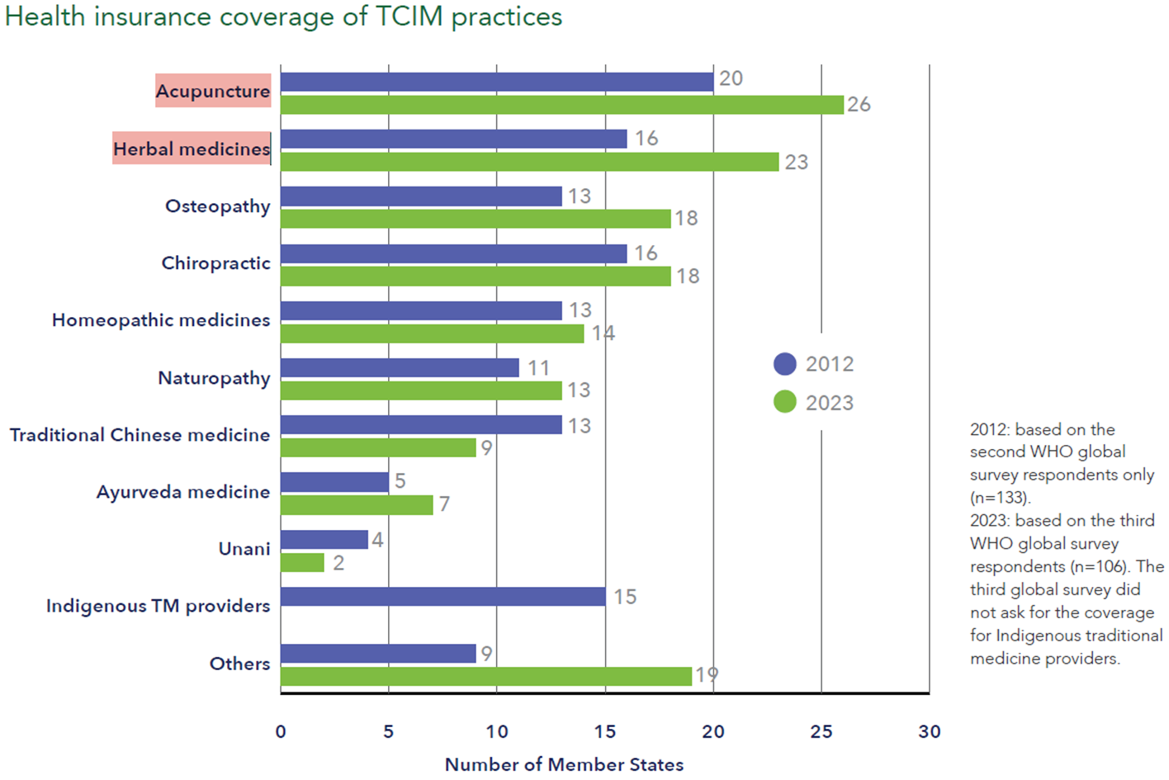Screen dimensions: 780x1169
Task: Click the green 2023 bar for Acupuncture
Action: [561, 105]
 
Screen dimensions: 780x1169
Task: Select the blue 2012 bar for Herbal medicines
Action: [453, 139]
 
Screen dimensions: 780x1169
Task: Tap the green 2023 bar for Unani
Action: [302, 563]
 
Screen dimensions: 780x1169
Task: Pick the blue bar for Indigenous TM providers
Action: [443, 597]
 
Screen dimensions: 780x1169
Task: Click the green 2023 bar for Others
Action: [485, 677]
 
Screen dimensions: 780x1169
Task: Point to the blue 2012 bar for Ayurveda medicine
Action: [334, 482]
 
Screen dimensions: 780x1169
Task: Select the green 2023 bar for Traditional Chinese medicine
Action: [378, 447]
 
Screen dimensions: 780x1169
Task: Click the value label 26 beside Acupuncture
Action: [859, 105]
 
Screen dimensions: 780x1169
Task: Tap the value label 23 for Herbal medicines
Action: [796, 163]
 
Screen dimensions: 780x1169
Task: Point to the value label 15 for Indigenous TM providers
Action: [625, 597]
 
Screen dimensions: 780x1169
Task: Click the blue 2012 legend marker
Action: [785, 364]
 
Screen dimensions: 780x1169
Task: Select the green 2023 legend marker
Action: [785, 402]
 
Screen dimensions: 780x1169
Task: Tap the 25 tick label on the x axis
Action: [821, 732]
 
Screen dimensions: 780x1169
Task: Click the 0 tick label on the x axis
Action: [281, 732]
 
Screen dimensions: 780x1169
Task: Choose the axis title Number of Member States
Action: [564, 765]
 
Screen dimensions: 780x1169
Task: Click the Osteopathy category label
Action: [218, 206]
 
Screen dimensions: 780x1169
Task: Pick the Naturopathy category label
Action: [214, 378]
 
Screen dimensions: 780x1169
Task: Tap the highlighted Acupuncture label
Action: [213, 91]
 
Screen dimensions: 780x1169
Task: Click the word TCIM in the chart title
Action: [409, 17]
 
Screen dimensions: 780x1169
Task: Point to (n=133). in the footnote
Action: [1001, 498]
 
